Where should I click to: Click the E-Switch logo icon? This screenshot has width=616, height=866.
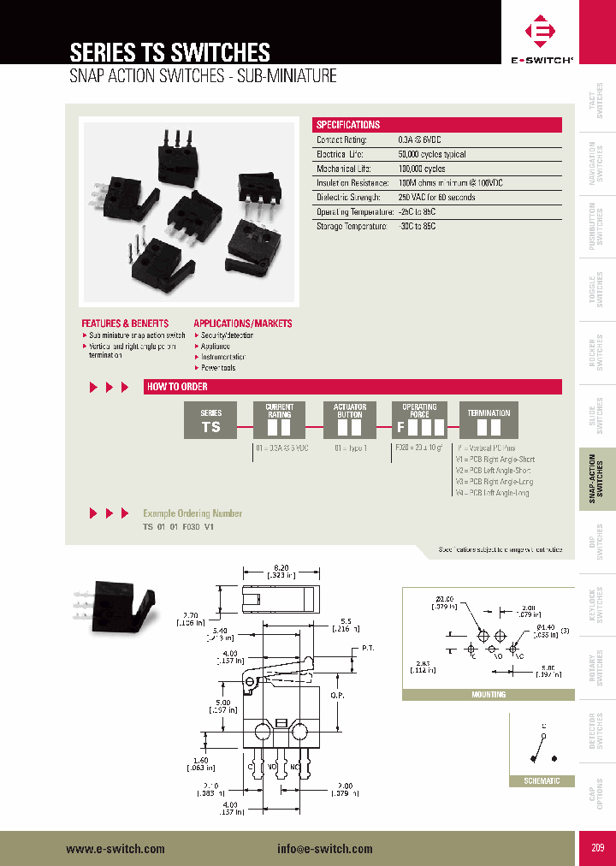click(x=542, y=33)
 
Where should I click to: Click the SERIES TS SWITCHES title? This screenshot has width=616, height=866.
click(x=169, y=51)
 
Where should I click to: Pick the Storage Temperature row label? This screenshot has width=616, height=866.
click(x=352, y=226)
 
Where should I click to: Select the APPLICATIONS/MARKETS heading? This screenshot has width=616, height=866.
click(x=243, y=323)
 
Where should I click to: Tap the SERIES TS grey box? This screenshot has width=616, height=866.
click(x=210, y=420)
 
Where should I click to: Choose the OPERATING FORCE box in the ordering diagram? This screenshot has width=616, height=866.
click(x=419, y=420)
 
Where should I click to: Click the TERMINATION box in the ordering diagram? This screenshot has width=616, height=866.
click(x=489, y=420)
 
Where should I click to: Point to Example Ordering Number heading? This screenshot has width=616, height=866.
click(x=192, y=513)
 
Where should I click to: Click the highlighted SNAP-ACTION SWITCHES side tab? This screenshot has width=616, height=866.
click(x=597, y=480)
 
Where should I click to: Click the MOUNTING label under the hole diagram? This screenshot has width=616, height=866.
click(x=489, y=695)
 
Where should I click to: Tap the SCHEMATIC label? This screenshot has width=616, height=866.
click(x=541, y=781)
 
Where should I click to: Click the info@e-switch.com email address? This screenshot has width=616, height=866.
click(x=325, y=849)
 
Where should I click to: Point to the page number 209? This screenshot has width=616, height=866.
click(x=597, y=848)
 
